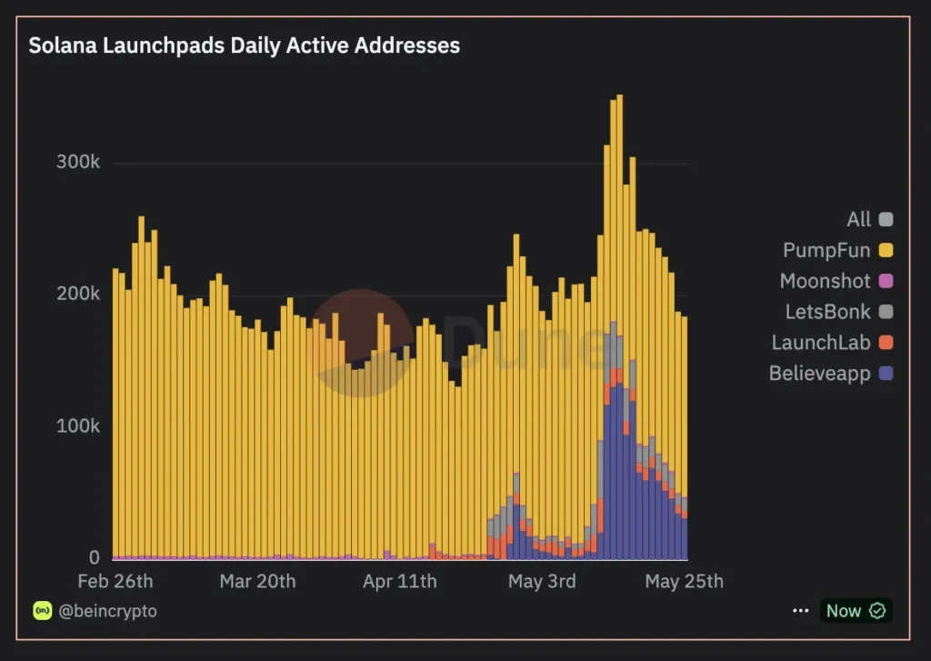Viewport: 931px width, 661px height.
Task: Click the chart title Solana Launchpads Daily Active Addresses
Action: tap(244, 45)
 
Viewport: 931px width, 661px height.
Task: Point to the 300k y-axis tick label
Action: tap(77, 163)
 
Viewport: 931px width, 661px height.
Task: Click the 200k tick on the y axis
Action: tap(77, 295)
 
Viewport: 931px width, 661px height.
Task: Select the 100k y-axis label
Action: tap(77, 426)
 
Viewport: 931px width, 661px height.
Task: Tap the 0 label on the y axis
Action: tap(94, 557)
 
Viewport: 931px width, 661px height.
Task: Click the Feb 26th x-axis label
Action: tap(115, 581)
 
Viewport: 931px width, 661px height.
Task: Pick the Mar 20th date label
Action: tap(257, 581)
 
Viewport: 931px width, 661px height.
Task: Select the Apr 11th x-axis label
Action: tap(399, 581)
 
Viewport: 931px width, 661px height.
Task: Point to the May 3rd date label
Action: tap(542, 581)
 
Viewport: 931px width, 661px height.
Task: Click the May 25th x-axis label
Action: tap(684, 581)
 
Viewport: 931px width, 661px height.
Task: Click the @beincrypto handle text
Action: tap(107, 611)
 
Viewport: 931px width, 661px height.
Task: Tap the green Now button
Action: tap(855, 611)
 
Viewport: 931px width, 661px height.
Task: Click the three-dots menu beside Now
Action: tap(800, 611)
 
